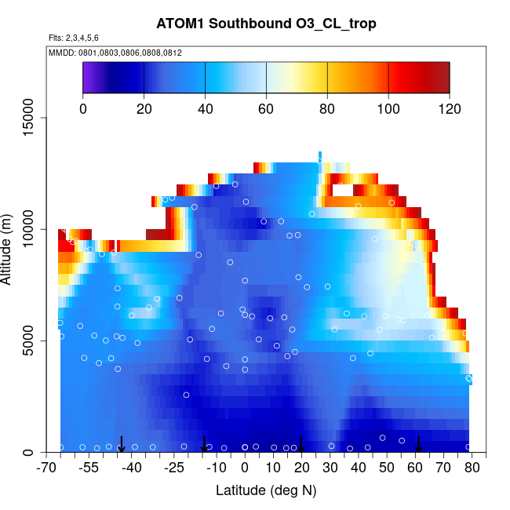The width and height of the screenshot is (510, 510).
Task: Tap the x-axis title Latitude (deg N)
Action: click(265, 491)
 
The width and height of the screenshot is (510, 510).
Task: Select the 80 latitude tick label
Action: click(470, 469)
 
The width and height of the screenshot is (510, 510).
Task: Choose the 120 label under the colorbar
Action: click(450, 109)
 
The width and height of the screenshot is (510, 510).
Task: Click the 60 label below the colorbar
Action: click(266, 109)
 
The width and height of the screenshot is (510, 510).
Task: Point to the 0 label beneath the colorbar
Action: click(83, 109)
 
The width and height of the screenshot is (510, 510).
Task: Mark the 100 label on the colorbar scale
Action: click(388, 109)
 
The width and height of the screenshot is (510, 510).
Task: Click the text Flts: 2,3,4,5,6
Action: click(74, 38)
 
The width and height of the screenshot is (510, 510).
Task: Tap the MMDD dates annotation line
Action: click(115, 53)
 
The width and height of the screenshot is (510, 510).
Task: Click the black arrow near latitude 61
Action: click(418, 445)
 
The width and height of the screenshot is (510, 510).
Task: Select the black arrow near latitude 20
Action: click(301, 445)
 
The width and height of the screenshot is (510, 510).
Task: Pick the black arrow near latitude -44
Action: click(122, 445)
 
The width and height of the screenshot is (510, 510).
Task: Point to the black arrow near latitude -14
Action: click(204, 445)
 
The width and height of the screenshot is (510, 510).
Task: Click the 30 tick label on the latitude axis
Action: click(330, 469)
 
